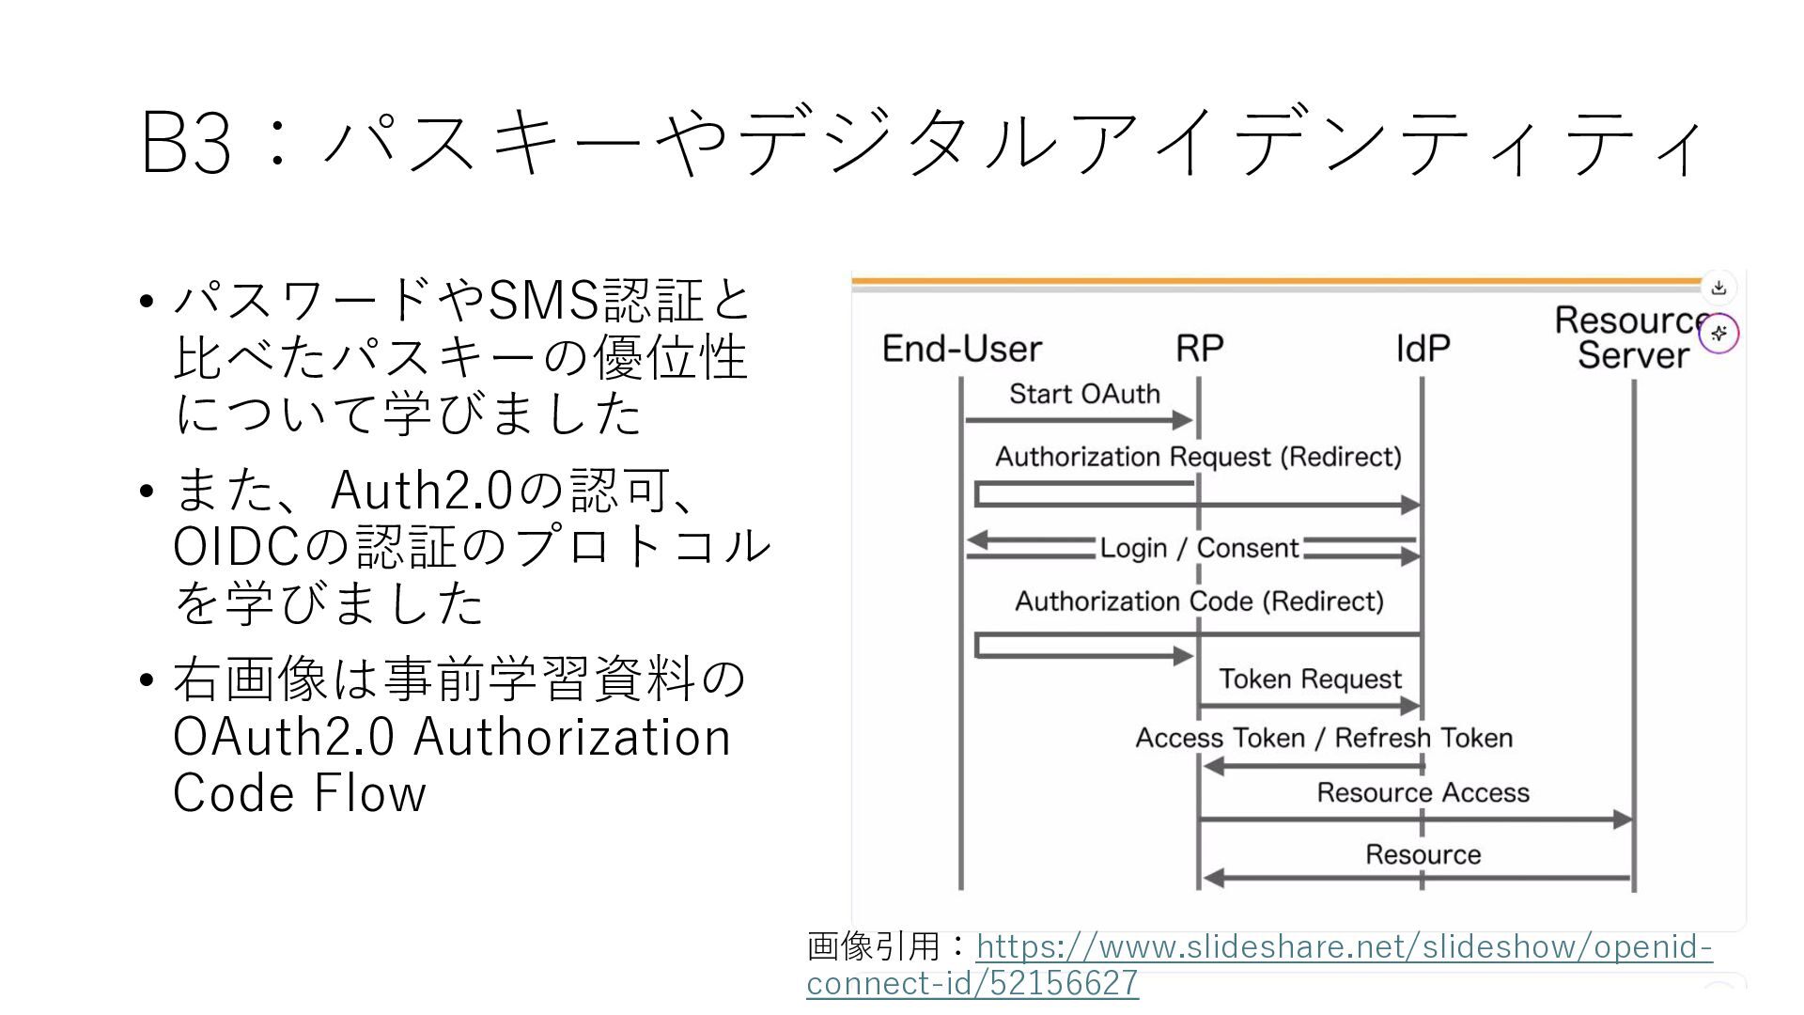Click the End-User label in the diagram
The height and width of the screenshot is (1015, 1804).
tap(962, 349)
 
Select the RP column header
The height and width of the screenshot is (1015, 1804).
tap(1200, 349)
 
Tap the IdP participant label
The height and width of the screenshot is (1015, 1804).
tap(1423, 349)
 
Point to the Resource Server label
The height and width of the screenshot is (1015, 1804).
tap(1633, 337)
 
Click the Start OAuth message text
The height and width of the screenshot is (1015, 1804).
tap(1084, 394)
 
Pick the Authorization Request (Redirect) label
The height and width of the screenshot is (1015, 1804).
tap(1198, 457)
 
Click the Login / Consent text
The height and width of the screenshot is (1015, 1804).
tap(1200, 548)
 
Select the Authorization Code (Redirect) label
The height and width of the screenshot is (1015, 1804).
tap(1200, 601)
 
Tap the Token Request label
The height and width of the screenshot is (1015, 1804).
tap(1310, 679)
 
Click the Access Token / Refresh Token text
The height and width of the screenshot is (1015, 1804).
tap(1324, 738)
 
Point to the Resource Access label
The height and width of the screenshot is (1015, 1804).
tap(1423, 792)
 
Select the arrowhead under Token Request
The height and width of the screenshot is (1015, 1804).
tap(1410, 705)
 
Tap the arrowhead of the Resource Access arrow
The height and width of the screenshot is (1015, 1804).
tap(1623, 820)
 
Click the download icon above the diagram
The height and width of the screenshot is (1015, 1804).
tap(1718, 288)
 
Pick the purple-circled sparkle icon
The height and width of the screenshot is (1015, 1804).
tap(1719, 334)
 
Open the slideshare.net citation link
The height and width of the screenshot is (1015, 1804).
tap(1259, 964)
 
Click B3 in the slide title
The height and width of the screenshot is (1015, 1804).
tap(186, 143)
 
